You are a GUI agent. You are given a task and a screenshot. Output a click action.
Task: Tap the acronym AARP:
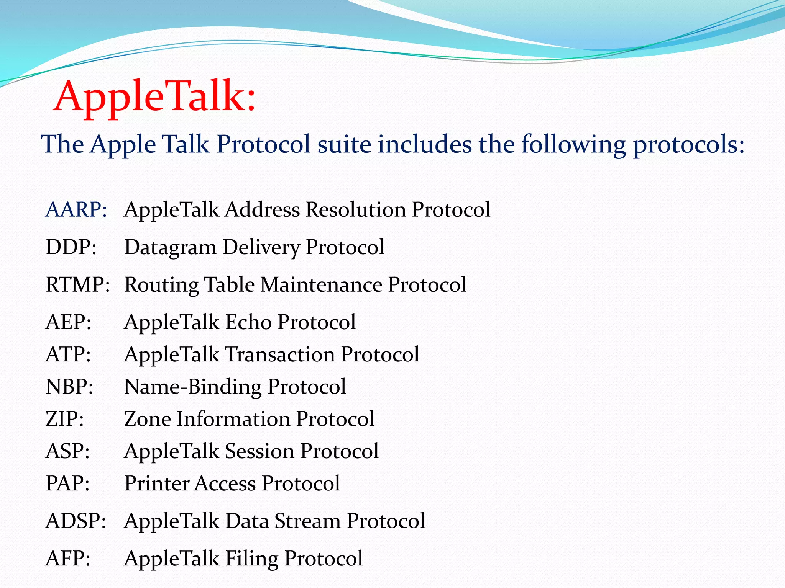pyautogui.click(x=76, y=210)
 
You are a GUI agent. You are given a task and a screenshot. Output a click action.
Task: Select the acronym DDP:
pyautogui.click(x=71, y=247)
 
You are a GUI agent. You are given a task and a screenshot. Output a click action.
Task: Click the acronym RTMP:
pyautogui.click(x=78, y=285)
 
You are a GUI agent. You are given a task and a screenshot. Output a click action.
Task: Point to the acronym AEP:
pyautogui.click(x=68, y=322)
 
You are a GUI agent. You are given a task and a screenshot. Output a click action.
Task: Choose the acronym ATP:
pyautogui.click(x=68, y=354)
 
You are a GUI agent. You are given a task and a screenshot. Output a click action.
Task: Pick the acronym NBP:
pyautogui.click(x=69, y=387)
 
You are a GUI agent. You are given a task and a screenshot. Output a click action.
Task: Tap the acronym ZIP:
pyautogui.click(x=64, y=419)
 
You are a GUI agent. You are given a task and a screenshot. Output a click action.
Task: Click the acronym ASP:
pyautogui.click(x=67, y=451)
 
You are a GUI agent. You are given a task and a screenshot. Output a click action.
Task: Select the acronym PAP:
pyautogui.click(x=67, y=483)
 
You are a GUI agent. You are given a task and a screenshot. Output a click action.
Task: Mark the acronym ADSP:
pyautogui.click(x=76, y=521)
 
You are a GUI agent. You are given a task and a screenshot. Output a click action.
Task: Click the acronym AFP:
pyautogui.click(x=68, y=559)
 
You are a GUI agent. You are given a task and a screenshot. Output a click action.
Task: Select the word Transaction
pyautogui.click(x=279, y=354)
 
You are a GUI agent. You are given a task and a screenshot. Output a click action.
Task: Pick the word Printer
pyautogui.click(x=156, y=483)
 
